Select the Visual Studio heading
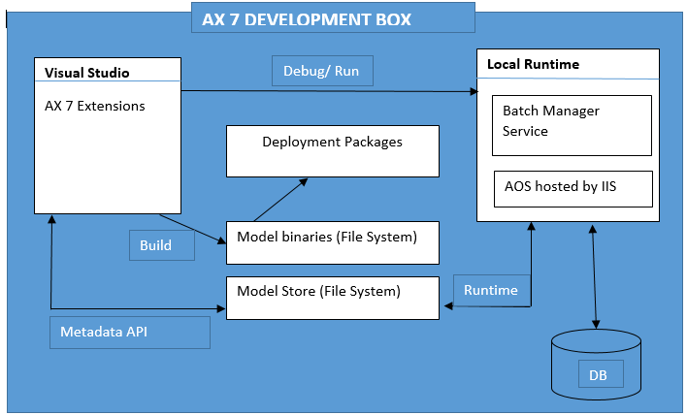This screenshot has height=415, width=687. point(86,73)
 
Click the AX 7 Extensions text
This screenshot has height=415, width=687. point(95,106)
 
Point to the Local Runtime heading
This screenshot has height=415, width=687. point(533,64)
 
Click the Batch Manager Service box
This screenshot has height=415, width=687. point(571,123)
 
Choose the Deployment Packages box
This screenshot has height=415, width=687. point(332,149)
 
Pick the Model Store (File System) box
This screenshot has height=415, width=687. point(332,297)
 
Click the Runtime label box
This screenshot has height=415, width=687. point(490,290)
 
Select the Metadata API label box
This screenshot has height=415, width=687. point(129,332)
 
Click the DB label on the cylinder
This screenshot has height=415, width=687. point(599,373)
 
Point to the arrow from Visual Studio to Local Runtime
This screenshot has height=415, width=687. point(330,91)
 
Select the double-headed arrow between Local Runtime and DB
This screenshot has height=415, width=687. point(594,277)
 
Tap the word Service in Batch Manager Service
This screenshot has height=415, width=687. point(525,131)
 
